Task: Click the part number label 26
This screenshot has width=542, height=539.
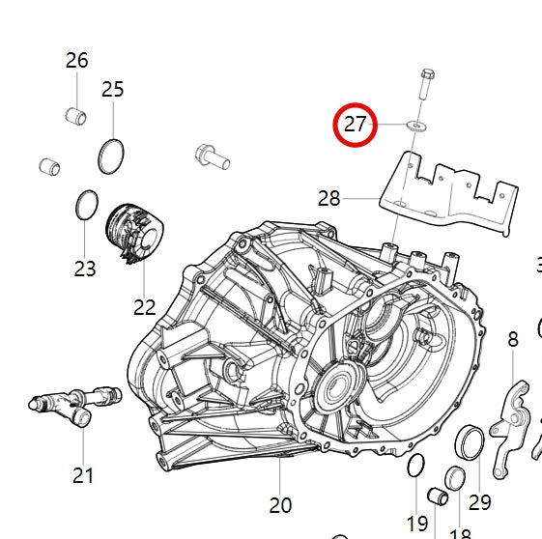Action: pyautogui.click(x=76, y=60)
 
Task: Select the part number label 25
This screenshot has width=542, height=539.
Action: pyautogui.click(x=113, y=89)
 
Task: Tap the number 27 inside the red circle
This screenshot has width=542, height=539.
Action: pyautogui.click(x=357, y=125)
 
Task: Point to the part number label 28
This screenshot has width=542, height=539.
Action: pyautogui.click(x=328, y=198)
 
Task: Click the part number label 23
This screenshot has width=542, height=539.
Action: pyautogui.click(x=85, y=268)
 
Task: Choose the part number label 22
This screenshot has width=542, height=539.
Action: pyautogui.click(x=144, y=307)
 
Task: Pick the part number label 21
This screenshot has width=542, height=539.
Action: pyautogui.click(x=83, y=474)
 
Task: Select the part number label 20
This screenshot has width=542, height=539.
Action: pyautogui.click(x=280, y=504)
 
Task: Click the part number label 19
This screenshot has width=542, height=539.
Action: pyautogui.click(x=416, y=524)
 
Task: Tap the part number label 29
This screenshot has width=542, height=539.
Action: pyautogui.click(x=479, y=502)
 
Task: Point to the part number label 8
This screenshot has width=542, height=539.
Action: pyautogui.click(x=513, y=338)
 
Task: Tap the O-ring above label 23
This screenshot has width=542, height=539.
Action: pyautogui.click(x=86, y=205)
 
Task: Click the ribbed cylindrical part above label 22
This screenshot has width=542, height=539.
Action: pyautogui.click(x=134, y=235)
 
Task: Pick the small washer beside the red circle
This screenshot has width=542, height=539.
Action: pyautogui.click(x=415, y=126)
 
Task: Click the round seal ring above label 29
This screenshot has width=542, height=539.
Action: pyautogui.click(x=470, y=441)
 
